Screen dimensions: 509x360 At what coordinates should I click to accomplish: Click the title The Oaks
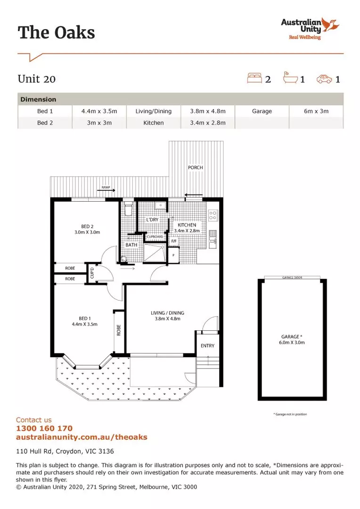(x=56, y=33)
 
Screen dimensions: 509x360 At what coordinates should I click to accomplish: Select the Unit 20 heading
(x=37, y=79)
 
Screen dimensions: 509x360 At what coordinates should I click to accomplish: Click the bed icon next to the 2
(x=254, y=78)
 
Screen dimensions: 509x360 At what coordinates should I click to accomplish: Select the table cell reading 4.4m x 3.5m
(x=99, y=111)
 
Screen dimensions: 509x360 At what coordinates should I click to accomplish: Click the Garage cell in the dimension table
(x=262, y=111)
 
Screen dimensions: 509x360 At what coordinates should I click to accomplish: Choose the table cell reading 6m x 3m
(x=316, y=111)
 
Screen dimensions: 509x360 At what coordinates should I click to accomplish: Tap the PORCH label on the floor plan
(x=195, y=167)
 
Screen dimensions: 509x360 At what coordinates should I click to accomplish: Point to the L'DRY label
(x=152, y=220)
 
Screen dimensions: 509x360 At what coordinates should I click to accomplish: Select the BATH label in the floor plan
(x=131, y=245)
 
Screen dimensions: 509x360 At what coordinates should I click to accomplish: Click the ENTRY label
(x=207, y=345)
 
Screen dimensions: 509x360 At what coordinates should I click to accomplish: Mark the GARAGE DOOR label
(x=292, y=278)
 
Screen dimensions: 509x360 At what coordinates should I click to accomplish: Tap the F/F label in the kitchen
(x=174, y=241)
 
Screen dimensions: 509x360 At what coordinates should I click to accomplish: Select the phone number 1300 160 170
(x=44, y=428)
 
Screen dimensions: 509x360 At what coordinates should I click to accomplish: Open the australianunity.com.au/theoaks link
(x=82, y=437)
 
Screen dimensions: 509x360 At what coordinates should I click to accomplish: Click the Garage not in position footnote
(x=290, y=414)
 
